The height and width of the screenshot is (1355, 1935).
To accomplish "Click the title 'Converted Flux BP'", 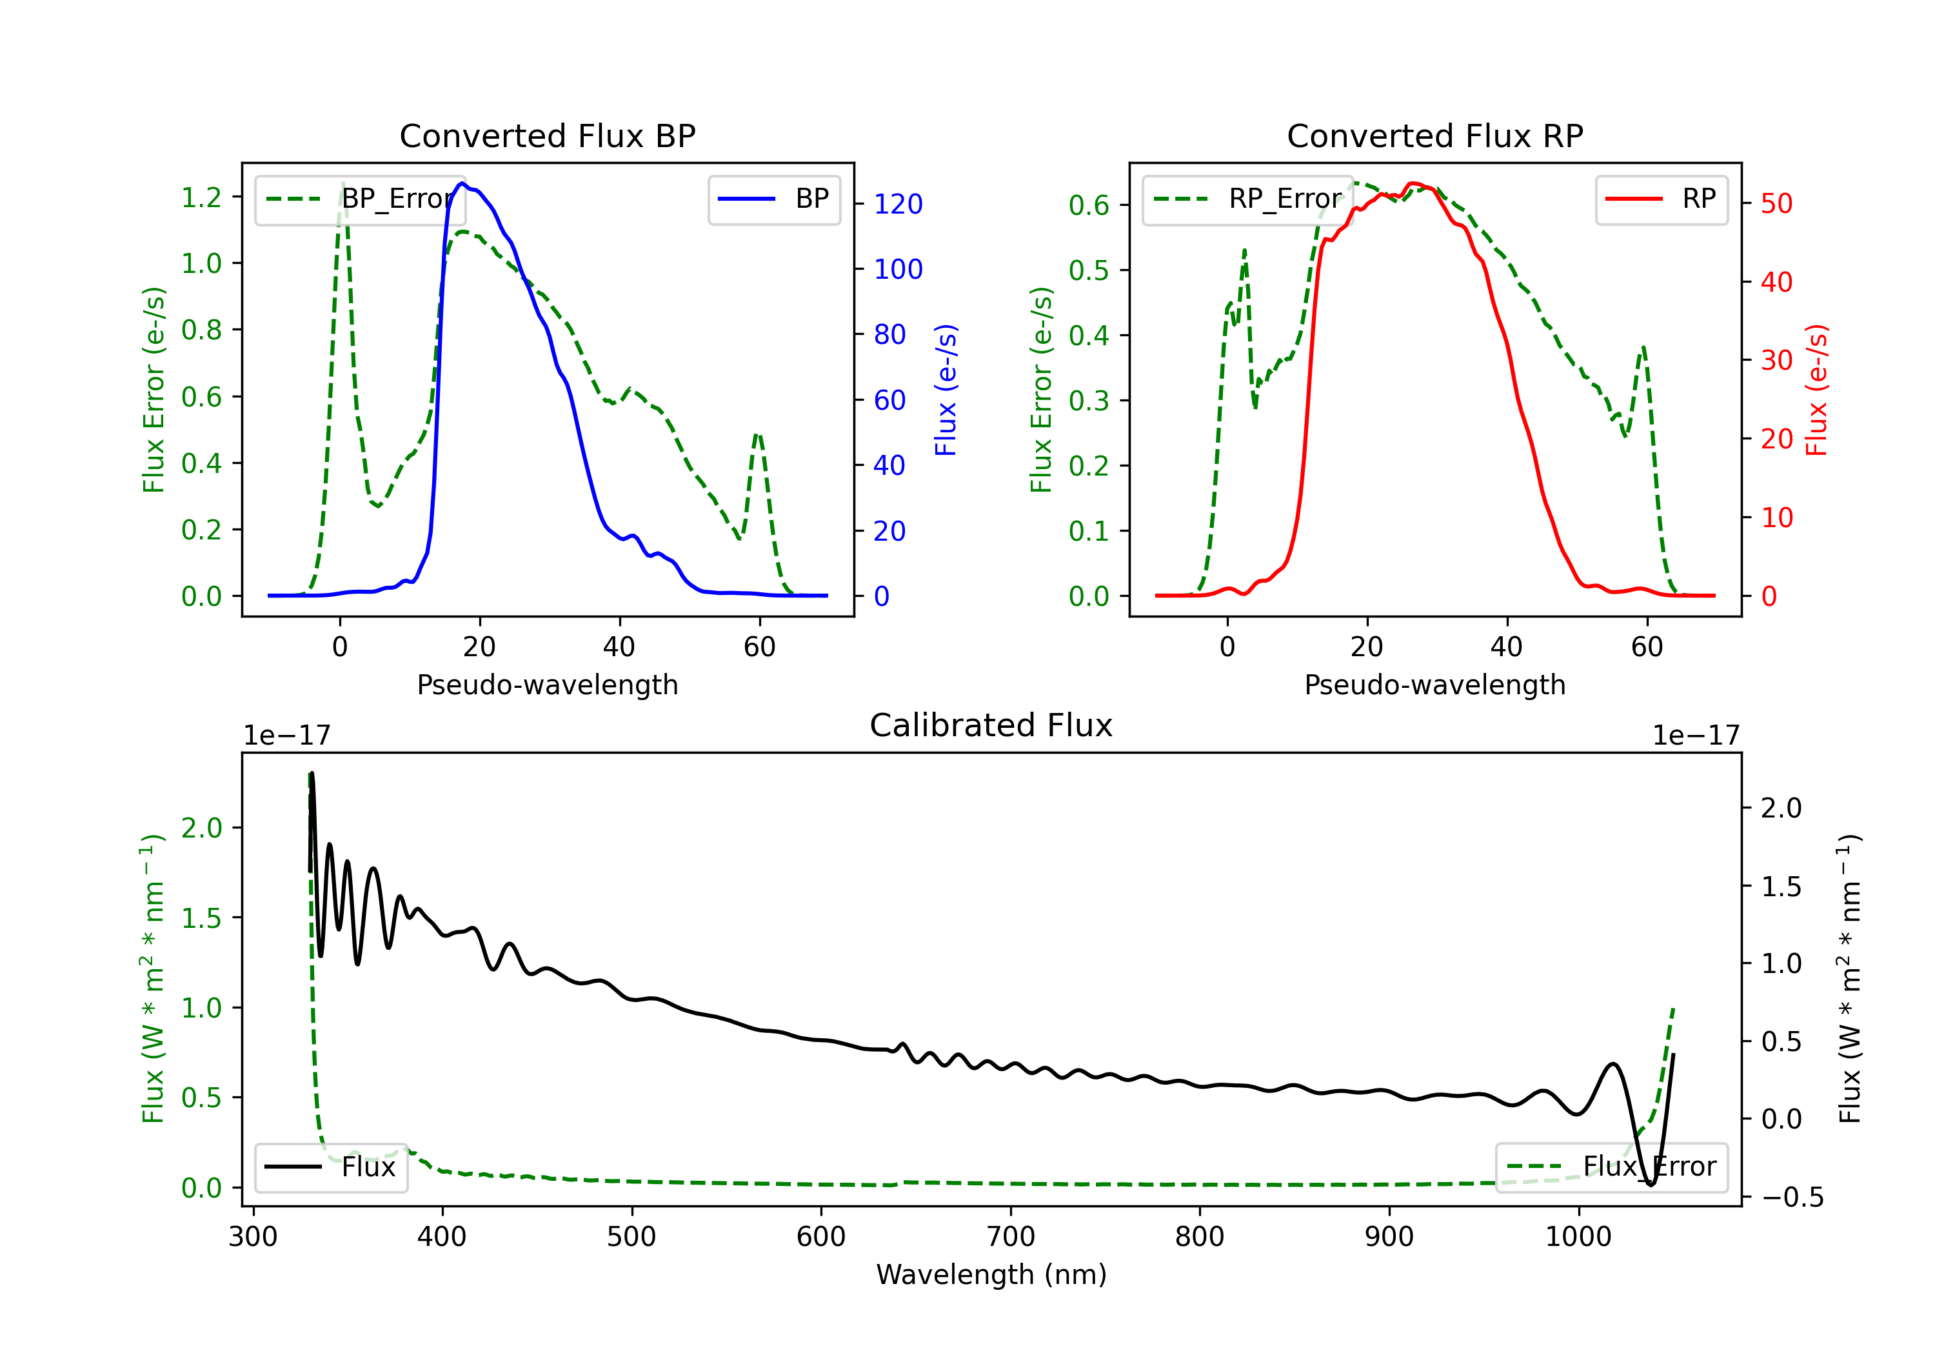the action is [x=547, y=135].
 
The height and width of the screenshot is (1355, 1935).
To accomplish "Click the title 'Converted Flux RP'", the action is [x=1434, y=135].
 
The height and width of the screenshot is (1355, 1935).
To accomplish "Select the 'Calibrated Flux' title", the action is [x=991, y=725].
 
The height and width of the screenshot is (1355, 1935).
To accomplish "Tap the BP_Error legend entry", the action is [x=360, y=199].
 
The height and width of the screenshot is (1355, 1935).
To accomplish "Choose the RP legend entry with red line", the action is [x=1661, y=199].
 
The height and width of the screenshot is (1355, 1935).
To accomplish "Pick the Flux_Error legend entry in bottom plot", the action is [x=1611, y=1167].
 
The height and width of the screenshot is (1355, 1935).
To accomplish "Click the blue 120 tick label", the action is [x=898, y=204].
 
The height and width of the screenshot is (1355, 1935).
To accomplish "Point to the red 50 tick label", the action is [x=1776, y=204].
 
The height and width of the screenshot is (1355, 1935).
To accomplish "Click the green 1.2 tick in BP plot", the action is [x=201, y=197].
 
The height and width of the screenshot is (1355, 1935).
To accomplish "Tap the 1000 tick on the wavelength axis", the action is [x=1578, y=1237].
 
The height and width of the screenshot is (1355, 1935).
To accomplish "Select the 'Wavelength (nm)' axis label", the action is [x=991, y=1275].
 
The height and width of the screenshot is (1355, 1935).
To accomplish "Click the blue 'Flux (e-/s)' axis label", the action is [x=946, y=390].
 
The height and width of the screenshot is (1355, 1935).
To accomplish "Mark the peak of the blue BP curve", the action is [x=462, y=183].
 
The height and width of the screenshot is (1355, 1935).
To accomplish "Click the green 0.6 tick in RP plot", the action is [x=1089, y=205].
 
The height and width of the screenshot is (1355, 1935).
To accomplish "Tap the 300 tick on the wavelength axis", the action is [x=253, y=1237].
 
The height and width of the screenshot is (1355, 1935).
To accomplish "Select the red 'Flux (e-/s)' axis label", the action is [x=1817, y=390].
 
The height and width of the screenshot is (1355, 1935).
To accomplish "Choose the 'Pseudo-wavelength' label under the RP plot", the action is [x=1434, y=685].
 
